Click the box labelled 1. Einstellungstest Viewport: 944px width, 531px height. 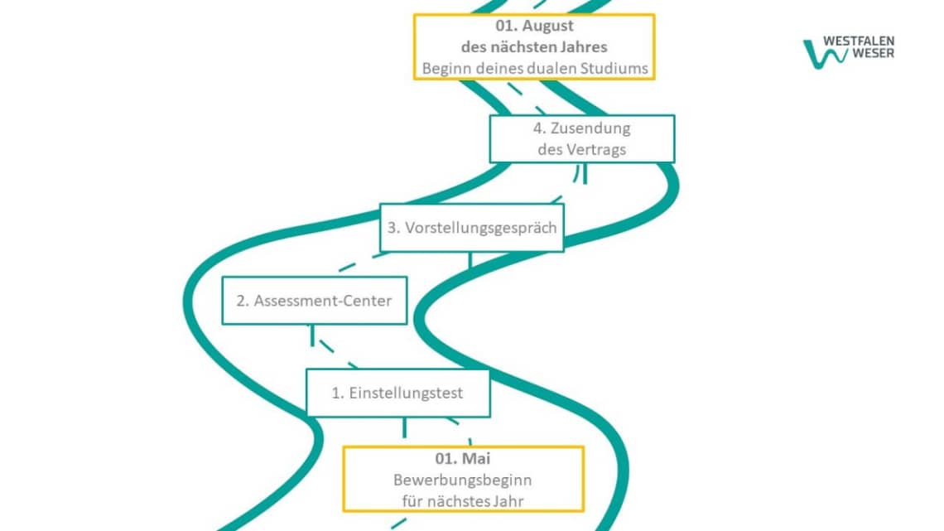click(397, 393)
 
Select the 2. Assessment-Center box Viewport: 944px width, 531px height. click(314, 300)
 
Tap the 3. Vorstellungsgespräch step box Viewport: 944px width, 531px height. click(471, 227)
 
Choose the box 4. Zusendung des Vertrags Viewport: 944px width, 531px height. click(581, 138)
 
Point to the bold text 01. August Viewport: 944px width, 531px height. click(534, 26)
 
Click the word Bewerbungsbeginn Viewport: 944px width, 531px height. click(463, 480)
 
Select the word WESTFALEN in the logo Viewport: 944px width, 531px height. click(859, 41)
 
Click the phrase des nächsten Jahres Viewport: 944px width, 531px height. click(534, 46)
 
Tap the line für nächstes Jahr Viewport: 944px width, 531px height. click(463, 500)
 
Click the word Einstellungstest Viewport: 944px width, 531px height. click(406, 393)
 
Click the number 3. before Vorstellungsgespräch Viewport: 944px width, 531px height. click(394, 227)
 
